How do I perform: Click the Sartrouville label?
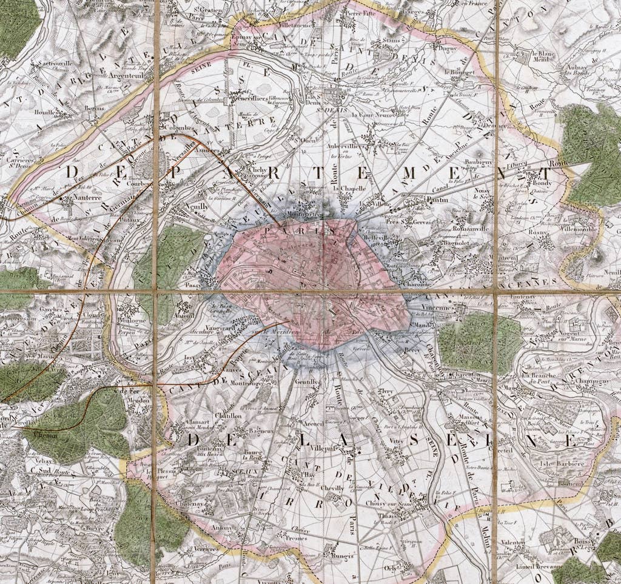point(54,62)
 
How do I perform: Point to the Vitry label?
point(397,442)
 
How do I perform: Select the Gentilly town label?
point(307,382)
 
